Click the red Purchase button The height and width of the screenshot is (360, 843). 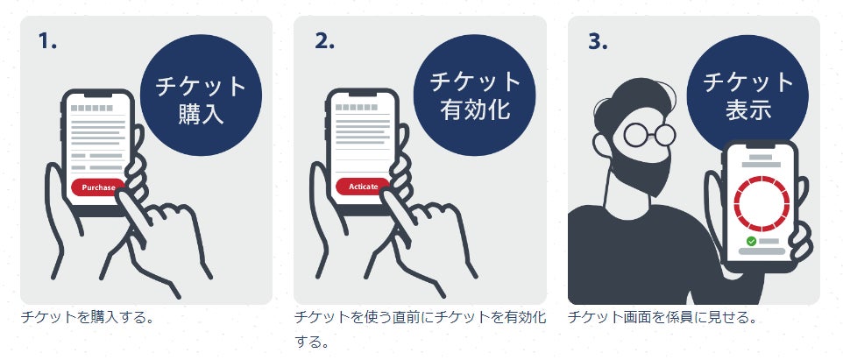tap(98, 187)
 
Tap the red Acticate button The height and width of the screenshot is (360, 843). tap(363, 187)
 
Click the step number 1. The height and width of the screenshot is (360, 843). tap(47, 41)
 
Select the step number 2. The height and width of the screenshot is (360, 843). tap(324, 41)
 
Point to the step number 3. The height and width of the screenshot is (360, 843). tap(598, 41)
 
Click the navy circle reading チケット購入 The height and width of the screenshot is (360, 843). tap(201, 95)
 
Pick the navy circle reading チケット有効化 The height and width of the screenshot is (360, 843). tap(475, 95)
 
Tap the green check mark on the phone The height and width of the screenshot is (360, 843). tap(752, 241)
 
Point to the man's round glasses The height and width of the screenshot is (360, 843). tap(649, 135)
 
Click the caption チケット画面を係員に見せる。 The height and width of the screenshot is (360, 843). tap(662, 317)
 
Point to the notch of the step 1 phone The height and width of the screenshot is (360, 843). tap(98, 95)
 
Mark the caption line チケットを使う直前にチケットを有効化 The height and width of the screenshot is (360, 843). tap(421, 317)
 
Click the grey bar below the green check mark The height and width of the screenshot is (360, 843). tap(762, 251)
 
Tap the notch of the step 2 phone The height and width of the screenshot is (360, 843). tap(363, 95)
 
